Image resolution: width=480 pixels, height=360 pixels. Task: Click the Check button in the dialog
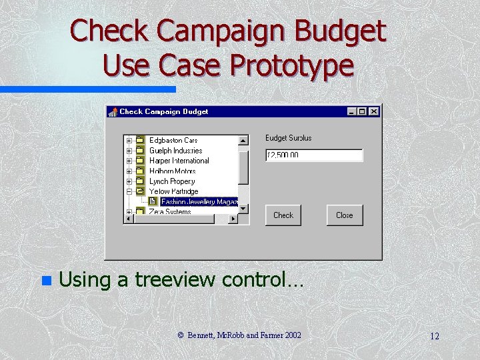[x=283, y=215]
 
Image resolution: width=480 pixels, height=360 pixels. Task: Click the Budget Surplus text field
[x=313, y=155]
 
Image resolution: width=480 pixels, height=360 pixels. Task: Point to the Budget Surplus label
[x=288, y=138]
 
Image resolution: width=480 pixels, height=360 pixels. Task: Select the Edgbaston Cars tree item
[x=173, y=141]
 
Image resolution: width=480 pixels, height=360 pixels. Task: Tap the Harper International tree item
[x=179, y=161]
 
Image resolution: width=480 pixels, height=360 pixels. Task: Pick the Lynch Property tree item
[x=172, y=181]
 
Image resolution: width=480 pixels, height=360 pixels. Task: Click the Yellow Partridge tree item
[x=173, y=191]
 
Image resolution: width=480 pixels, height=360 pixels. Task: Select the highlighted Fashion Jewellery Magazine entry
[x=199, y=201]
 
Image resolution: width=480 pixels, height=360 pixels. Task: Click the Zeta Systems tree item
[x=170, y=211]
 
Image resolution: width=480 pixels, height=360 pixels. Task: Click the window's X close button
[x=373, y=112]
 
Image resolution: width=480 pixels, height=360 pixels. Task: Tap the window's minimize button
[x=352, y=112]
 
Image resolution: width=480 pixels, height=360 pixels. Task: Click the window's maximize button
[x=362, y=112]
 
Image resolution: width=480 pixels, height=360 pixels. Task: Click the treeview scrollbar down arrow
[x=243, y=208]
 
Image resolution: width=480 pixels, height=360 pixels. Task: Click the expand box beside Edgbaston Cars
[x=129, y=141]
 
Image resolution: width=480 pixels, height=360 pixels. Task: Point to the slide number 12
[x=434, y=336]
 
